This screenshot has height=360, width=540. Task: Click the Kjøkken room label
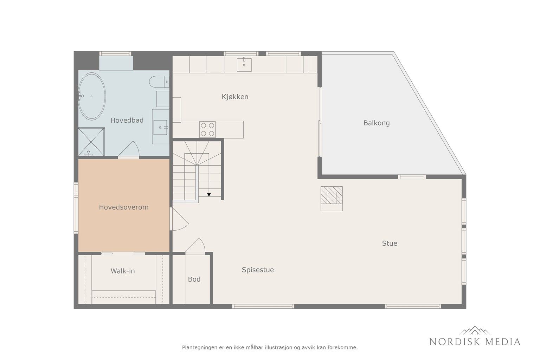click(x=235, y=97)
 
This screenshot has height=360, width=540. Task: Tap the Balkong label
click(x=377, y=123)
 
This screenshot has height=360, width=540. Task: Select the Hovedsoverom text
click(x=124, y=207)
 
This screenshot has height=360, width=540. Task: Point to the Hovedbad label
click(x=127, y=120)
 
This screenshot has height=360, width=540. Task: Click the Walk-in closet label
click(x=123, y=271)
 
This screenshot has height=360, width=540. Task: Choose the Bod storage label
click(x=194, y=279)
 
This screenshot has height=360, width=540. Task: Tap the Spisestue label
click(x=258, y=270)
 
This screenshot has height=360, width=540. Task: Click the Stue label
click(x=390, y=243)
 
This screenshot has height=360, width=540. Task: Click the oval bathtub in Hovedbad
click(x=92, y=96)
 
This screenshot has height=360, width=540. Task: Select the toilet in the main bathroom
click(x=159, y=82)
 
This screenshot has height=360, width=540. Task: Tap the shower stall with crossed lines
click(x=91, y=142)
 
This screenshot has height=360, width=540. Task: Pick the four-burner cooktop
click(x=207, y=129)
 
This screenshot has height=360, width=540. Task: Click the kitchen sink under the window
click(x=244, y=65)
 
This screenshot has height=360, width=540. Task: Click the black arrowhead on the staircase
click(x=209, y=194)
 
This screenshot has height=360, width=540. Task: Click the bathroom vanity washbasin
click(x=160, y=127)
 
